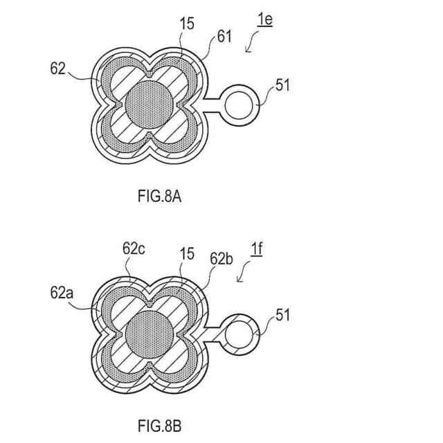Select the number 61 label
(x=224, y=37)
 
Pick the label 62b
(x=220, y=257)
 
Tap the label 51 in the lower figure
(x=283, y=315)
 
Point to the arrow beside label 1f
(x=244, y=275)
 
